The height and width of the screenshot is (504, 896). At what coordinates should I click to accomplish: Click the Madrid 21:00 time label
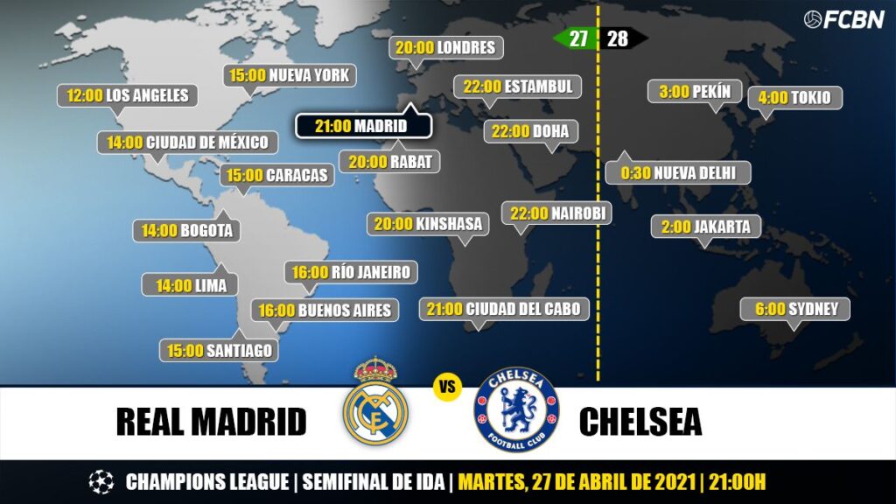pyautogui.click(x=363, y=126)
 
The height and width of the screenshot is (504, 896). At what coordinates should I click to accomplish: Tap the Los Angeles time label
pyautogui.click(x=128, y=95)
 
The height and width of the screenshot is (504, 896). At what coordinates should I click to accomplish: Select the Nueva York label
pyautogui.click(x=289, y=75)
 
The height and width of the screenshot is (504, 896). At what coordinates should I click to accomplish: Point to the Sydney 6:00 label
pyautogui.click(x=795, y=309)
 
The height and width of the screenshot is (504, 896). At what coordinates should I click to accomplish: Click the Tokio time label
pyautogui.click(x=794, y=97)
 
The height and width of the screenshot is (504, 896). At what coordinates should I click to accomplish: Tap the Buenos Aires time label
pyautogui.click(x=324, y=310)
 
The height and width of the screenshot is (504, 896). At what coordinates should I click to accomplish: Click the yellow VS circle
pyautogui.click(x=447, y=386)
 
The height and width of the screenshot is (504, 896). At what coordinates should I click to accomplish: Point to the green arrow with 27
pyautogui.click(x=574, y=38)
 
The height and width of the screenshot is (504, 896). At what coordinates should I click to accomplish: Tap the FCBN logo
pyautogui.click(x=843, y=19)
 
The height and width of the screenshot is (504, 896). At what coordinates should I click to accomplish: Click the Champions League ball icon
pyautogui.click(x=101, y=482)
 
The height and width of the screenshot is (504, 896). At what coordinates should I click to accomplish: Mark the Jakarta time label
pyautogui.click(x=706, y=227)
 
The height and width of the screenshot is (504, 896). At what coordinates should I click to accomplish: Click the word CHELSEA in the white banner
pyautogui.click(x=640, y=422)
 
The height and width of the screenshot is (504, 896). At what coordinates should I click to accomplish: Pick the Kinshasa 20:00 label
pyautogui.click(x=428, y=224)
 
